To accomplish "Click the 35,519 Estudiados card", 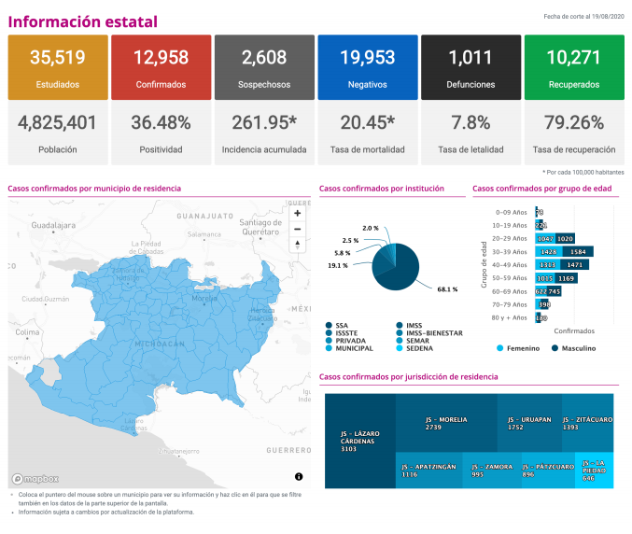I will click(57, 66).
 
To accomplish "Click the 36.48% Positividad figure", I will click(161, 123).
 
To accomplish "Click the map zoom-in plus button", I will click(298, 213).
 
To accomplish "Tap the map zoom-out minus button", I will click(298, 229).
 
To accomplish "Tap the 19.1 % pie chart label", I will click(337, 265).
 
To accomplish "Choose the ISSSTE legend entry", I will click(348, 333).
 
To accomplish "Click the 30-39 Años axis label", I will click(512, 251).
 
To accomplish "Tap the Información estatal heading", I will click(82, 21).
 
